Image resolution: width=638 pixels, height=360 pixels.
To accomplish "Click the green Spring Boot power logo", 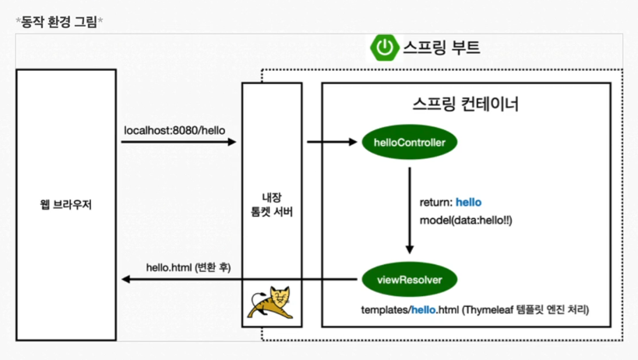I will point(384,48).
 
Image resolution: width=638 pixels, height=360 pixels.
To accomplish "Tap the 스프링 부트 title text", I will point(442,48).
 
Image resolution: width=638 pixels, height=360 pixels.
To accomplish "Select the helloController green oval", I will point(410,143).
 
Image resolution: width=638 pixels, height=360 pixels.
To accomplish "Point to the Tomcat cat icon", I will point(272,304).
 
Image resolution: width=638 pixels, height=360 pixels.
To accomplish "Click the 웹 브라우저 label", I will point(66,206).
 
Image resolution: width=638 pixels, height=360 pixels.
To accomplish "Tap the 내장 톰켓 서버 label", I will point(272,206).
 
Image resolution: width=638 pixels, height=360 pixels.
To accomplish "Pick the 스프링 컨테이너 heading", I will point(465,104).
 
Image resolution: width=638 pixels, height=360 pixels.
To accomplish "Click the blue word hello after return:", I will point(468,203).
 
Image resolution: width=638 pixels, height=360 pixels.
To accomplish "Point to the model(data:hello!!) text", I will point(465,221).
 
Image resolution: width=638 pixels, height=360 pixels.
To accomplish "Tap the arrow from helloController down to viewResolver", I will point(410,210).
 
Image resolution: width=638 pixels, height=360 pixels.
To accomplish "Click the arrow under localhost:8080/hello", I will point(179,143).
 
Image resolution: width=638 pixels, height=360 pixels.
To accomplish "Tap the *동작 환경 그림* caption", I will point(59,21).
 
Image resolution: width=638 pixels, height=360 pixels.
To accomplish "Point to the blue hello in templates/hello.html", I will point(425,310).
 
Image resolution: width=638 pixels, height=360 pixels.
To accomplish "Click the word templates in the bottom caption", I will point(385,310).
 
